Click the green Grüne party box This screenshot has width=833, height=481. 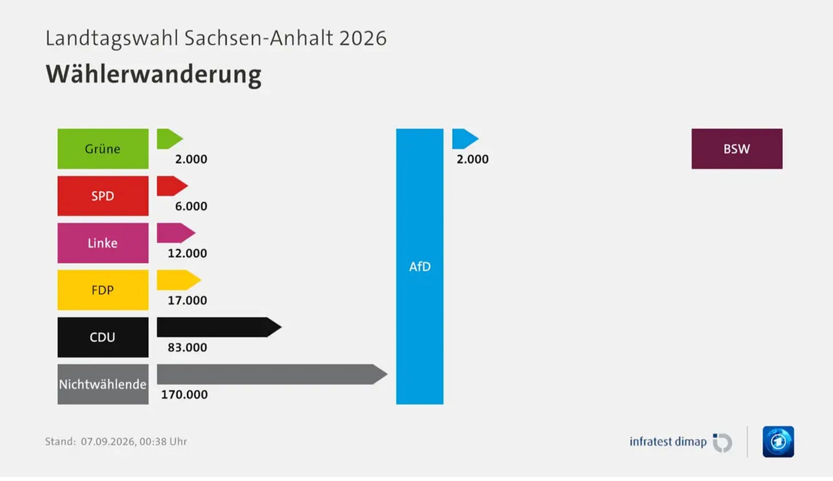pos(103,148)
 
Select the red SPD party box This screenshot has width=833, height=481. pos(103,196)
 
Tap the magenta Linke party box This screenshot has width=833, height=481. pos(103,243)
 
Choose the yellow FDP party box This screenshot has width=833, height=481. pos(103,290)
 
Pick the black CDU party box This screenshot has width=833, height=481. pos(103,337)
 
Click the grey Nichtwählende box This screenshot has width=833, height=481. pos(103,384)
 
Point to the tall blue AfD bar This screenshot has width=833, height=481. pos(419,267)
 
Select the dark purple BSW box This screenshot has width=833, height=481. pos(737,148)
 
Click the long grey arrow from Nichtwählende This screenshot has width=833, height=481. pos(272,374)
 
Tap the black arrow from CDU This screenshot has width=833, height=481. pos(219,327)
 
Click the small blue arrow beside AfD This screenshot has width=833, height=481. pos(465,139)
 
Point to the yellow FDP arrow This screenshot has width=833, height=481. pos(179,280)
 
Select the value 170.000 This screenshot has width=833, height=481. pos(184,395)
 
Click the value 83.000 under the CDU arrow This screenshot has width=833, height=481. pos(188,348)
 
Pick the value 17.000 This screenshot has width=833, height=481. pos(188,300)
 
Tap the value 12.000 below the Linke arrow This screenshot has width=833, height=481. pos(188,253)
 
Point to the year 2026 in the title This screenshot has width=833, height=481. pos(363,38)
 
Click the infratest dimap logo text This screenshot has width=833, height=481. pos(668,441)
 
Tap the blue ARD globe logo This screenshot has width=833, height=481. pos(778,441)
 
